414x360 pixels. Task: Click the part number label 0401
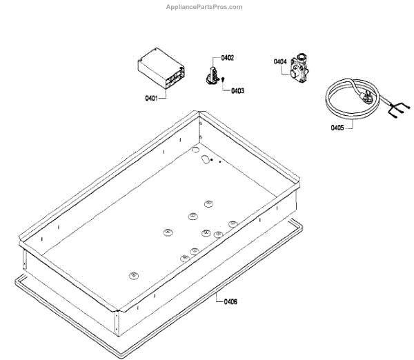151,98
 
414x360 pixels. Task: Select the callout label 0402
228,58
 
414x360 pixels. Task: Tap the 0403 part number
237,90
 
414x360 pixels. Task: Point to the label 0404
280,62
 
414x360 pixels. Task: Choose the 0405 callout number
337,128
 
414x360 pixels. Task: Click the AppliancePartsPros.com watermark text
206,7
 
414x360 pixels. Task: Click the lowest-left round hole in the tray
132,275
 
